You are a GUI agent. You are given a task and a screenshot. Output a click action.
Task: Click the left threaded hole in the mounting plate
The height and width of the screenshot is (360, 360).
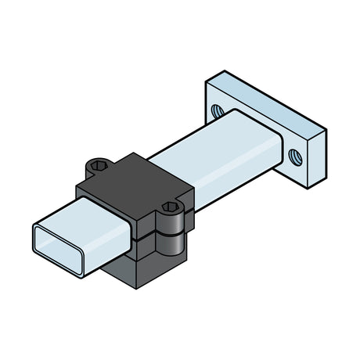(x=217, y=111)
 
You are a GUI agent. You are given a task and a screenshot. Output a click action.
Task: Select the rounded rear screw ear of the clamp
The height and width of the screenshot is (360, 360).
(x=97, y=167)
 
